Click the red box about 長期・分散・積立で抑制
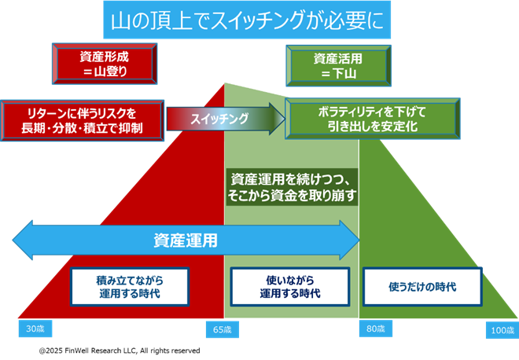coord(83,119)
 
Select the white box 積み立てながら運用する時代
coord(131,287)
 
